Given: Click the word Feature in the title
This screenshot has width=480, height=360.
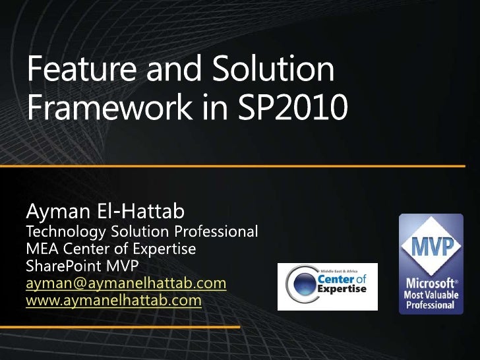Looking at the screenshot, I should pos(72,70).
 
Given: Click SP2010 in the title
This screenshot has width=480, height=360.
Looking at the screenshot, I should pos(292,107).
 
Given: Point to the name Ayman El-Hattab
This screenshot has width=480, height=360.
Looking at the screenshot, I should pos(105,212).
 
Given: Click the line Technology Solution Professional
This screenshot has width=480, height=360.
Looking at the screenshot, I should pos(141,232).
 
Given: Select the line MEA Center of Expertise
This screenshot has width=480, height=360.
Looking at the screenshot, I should pos(111,250).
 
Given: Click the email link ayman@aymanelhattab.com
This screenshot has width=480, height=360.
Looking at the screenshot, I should pos(125,284).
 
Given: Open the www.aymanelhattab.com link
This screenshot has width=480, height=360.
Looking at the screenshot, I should pos(113,301).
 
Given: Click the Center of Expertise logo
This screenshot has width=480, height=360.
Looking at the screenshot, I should pos(327,287).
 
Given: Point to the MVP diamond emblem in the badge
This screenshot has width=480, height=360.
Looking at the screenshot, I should pos(433,248).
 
